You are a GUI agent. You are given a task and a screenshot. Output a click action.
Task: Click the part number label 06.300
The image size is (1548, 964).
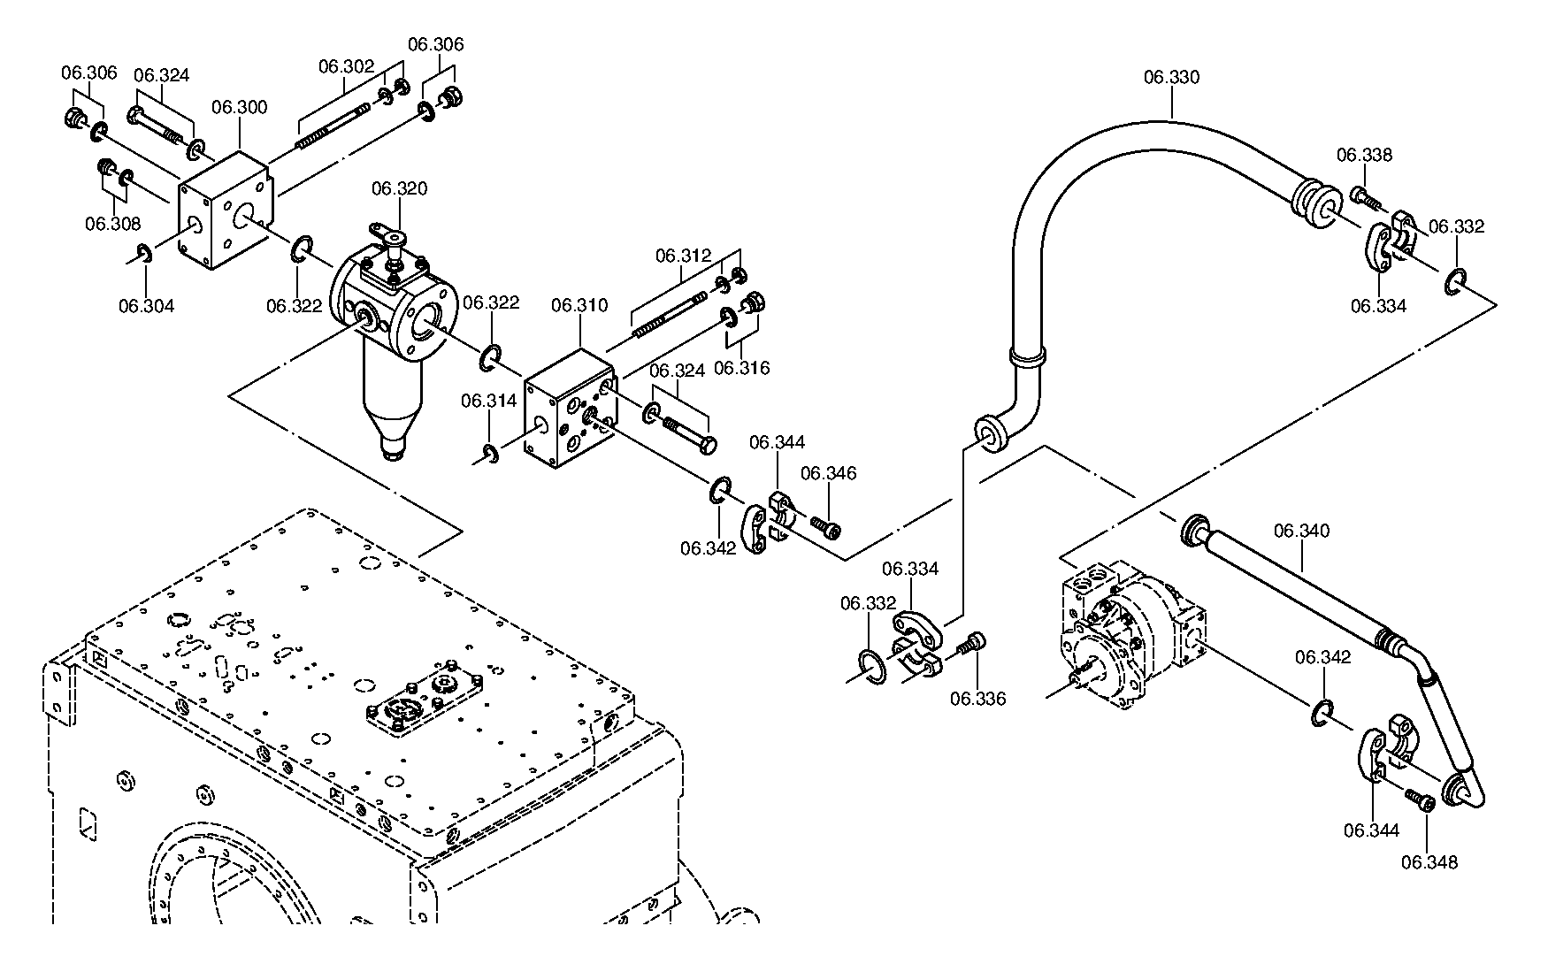239,107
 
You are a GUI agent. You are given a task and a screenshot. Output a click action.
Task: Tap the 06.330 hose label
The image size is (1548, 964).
1171,77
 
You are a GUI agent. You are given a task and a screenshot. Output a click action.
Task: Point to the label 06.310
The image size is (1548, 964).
579,305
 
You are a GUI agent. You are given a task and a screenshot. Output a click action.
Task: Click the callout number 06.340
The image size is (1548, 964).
1301,531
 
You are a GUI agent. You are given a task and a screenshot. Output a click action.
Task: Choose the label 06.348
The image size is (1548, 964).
1429,862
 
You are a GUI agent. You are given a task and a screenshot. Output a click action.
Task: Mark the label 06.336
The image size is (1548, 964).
978,699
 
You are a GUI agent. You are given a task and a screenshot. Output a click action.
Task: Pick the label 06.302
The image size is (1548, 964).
347,65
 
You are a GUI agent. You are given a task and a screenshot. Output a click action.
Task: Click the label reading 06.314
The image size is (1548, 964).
488,401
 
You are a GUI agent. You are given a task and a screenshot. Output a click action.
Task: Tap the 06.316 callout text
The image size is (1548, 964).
741,368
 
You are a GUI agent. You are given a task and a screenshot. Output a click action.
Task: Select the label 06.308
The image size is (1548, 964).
112,224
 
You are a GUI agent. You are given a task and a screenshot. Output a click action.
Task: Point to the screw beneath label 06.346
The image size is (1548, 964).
824,527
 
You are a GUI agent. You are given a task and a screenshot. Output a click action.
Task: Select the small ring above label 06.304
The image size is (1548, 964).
143,255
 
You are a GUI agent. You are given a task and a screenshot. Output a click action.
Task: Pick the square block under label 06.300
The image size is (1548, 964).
225,210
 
